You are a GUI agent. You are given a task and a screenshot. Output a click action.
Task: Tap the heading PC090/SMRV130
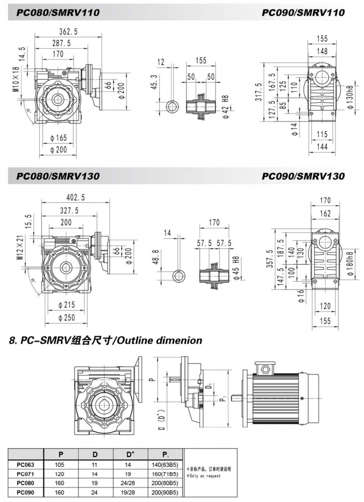(303, 176)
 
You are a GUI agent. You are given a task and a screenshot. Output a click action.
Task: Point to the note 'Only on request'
(207, 475)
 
